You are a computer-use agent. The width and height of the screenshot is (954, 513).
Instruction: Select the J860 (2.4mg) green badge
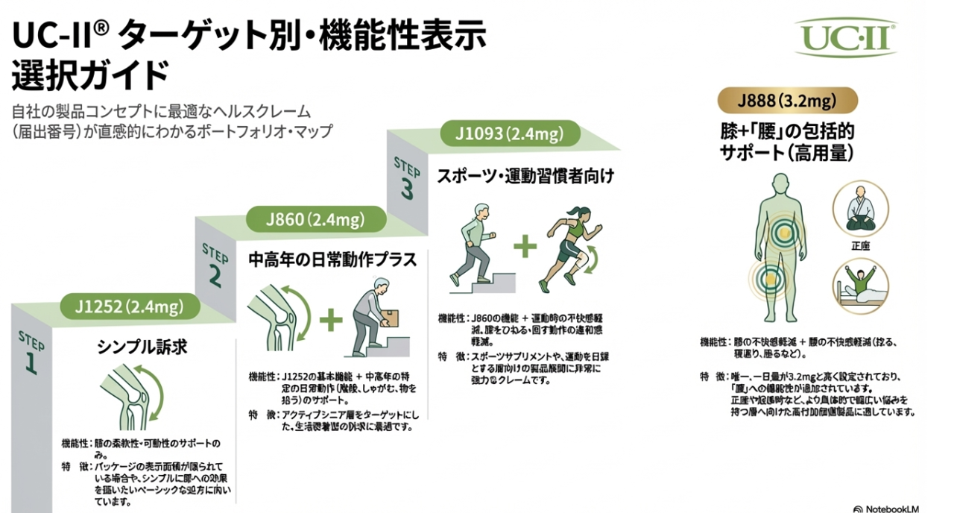(316, 220)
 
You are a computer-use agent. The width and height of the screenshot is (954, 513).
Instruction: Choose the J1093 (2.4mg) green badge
(510, 134)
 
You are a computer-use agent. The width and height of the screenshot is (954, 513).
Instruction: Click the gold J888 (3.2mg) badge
(786, 100)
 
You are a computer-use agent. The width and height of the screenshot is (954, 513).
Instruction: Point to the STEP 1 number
(31, 362)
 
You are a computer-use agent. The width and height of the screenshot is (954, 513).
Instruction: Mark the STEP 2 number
(215, 276)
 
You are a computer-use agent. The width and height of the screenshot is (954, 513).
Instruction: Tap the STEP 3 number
(406, 189)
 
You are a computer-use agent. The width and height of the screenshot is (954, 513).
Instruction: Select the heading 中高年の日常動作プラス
(332, 261)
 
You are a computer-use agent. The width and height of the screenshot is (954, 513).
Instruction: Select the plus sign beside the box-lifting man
(331, 321)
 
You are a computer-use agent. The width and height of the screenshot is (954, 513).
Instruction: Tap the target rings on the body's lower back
(782, 236)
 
